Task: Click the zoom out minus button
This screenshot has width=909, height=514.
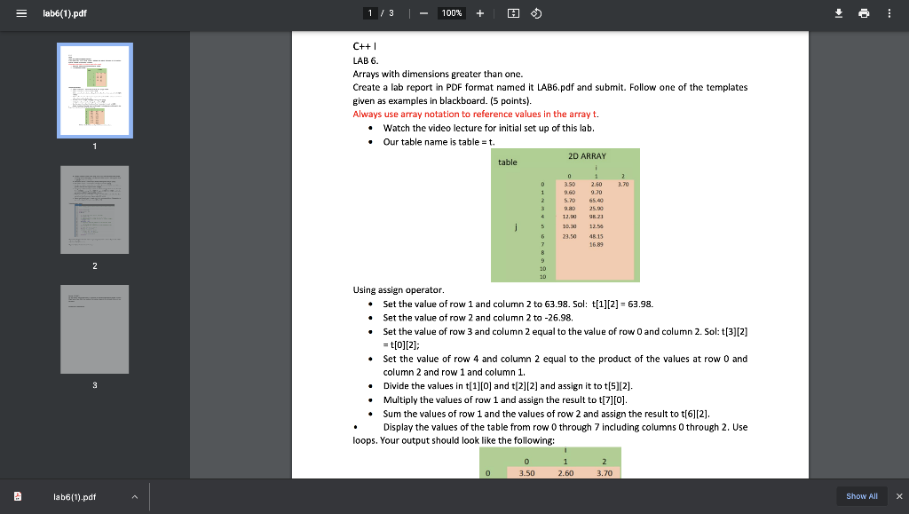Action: tap(423, 13)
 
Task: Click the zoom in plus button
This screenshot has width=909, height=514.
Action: tap(480, 13)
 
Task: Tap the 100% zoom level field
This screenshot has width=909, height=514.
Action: tap(452, 13)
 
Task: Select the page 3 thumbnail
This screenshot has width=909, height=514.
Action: tap(94, 329)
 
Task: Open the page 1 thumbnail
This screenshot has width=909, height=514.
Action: tap(94, 90)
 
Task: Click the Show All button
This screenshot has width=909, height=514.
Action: tap(861, 496)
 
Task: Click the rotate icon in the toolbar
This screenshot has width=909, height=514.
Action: tap(536, 13)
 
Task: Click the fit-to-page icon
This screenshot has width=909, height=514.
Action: tap(512, 13)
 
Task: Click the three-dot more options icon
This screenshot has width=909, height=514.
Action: tap(889, 13)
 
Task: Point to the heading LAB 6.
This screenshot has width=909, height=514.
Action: tap(365, 60)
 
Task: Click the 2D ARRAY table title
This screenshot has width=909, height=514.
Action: tap(586, 156)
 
